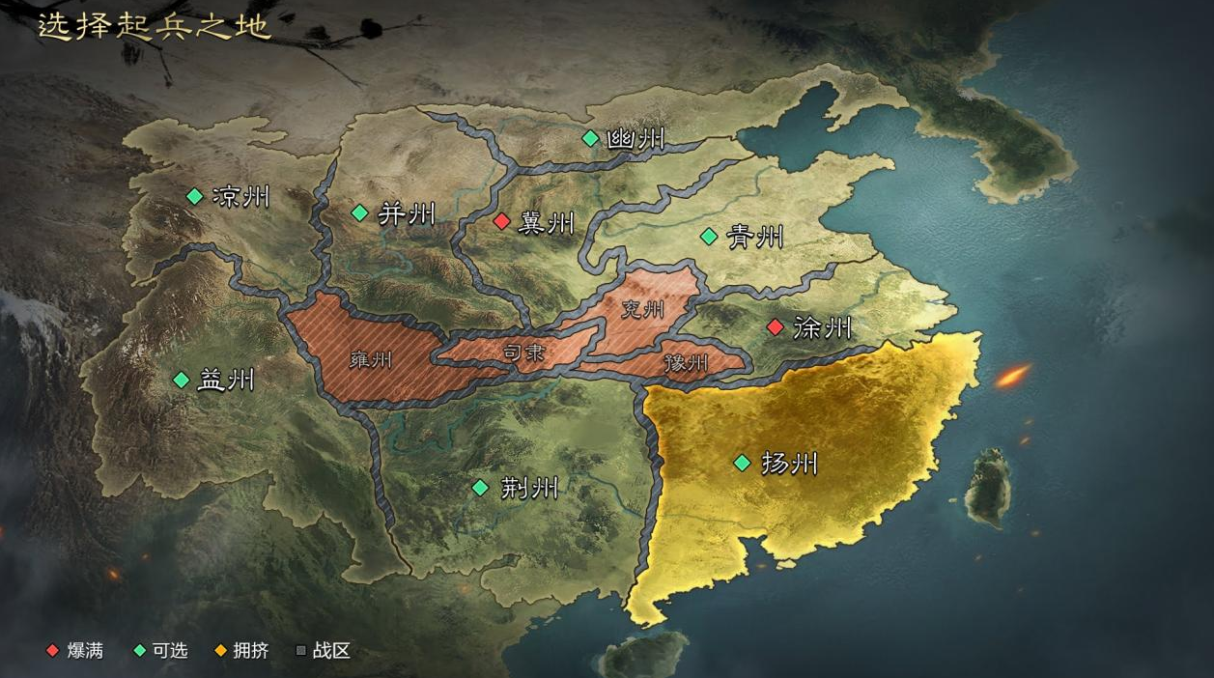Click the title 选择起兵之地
coord(154,26)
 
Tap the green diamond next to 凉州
coord(195,196)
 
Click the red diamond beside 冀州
coord(501,221)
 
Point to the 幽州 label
coord(635,139)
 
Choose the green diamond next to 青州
coord(709,236)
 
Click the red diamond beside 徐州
coord(775,327)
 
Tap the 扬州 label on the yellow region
coord(789,464)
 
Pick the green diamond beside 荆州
coord(480,488)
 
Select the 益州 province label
coord(225,381)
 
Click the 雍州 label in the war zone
coord(371,360)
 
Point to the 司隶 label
coord(524,353)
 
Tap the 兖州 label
coord(642,310)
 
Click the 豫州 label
coord(686,364)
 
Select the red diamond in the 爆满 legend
coord(53,650)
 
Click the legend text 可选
coord(170,650)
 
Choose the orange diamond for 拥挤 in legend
coord(220,650)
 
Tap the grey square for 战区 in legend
coord(300,650)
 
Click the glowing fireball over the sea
coord(1012,375)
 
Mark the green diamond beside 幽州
coord(590,138)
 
